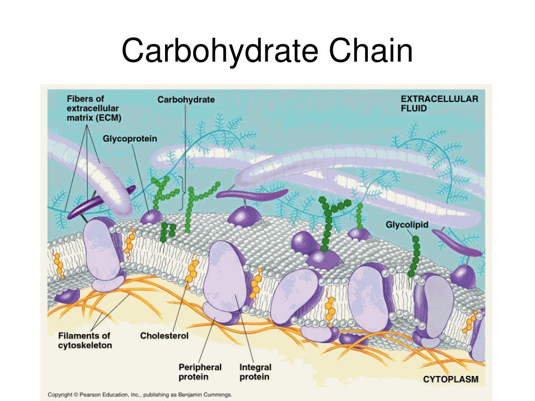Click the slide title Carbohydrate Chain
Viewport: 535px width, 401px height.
[267, 52]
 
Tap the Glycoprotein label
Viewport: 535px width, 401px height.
[130, 139]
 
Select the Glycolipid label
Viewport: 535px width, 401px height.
[407, 225]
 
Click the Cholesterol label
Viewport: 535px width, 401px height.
[164, 336]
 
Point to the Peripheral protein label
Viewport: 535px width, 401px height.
[200, 372]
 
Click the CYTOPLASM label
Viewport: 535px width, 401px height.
[450, 379]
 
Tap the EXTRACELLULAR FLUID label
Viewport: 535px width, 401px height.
[439, 103]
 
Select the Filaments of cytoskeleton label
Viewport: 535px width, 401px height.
[85, 340]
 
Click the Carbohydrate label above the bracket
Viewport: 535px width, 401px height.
[186, 99]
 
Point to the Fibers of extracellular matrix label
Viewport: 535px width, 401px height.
[94, 108]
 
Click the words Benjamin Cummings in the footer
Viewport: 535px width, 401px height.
[208, 395]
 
